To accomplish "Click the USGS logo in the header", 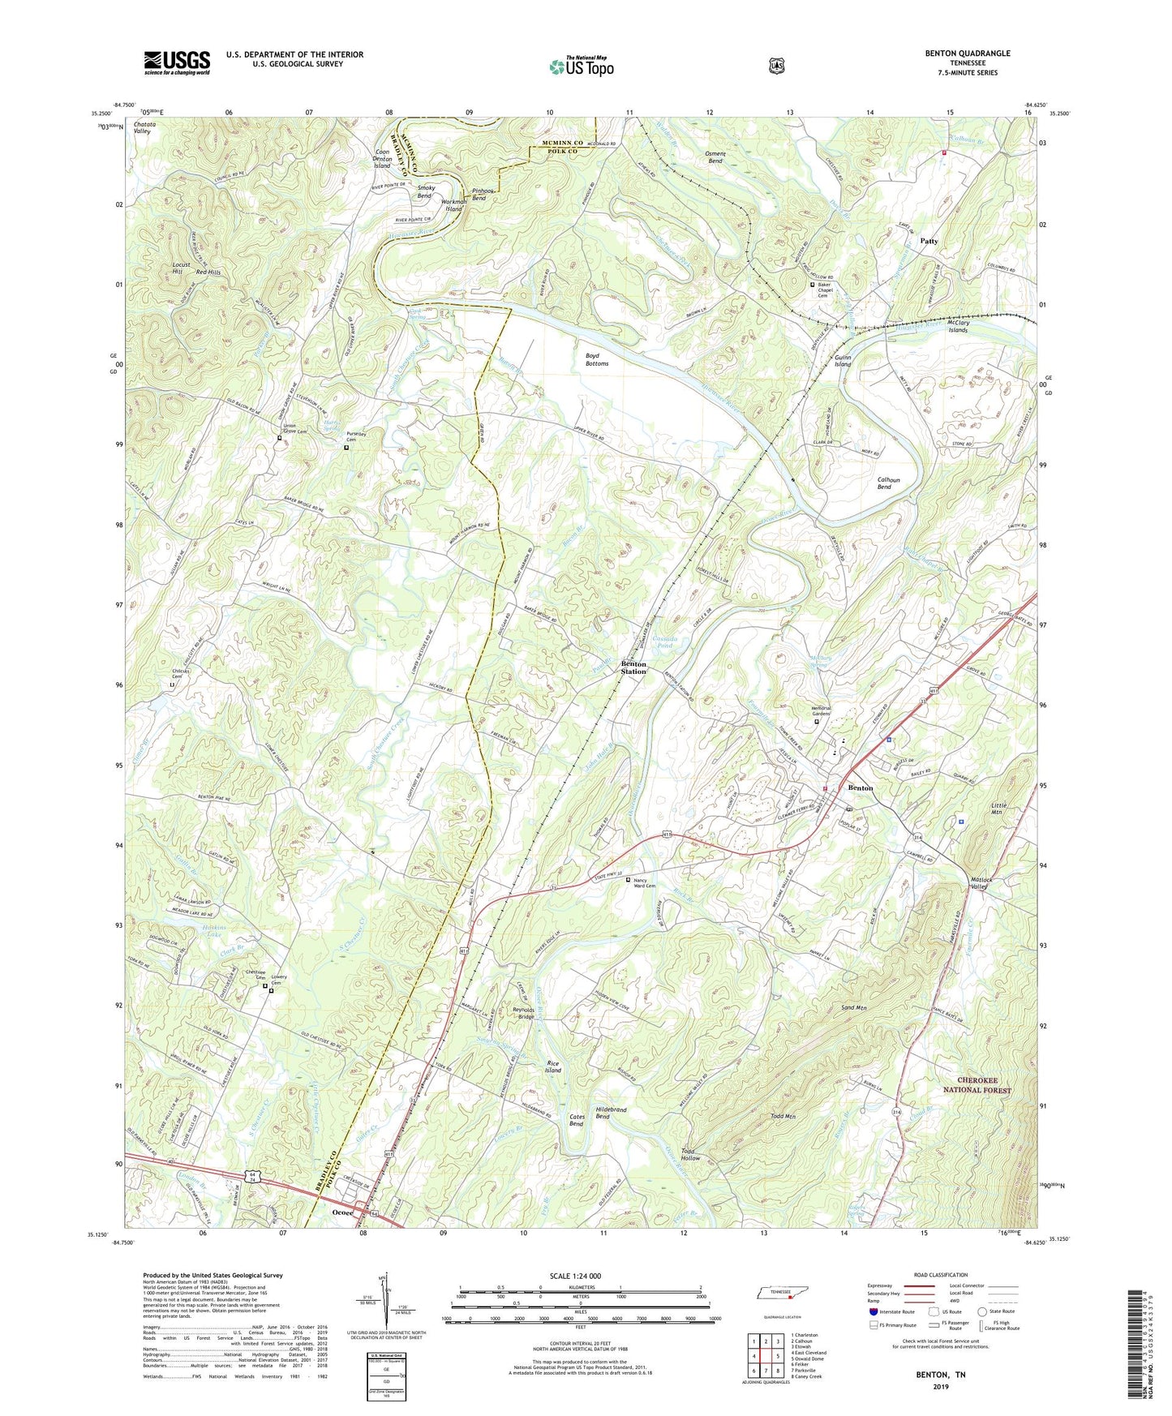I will [177, 62].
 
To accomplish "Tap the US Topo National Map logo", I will [581, 66].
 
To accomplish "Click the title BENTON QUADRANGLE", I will [968, 54].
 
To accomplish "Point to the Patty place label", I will [929, 241].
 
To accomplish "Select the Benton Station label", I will [633, 668].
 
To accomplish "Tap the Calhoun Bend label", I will [884, 483].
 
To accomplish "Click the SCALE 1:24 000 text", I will [575, 1277].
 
